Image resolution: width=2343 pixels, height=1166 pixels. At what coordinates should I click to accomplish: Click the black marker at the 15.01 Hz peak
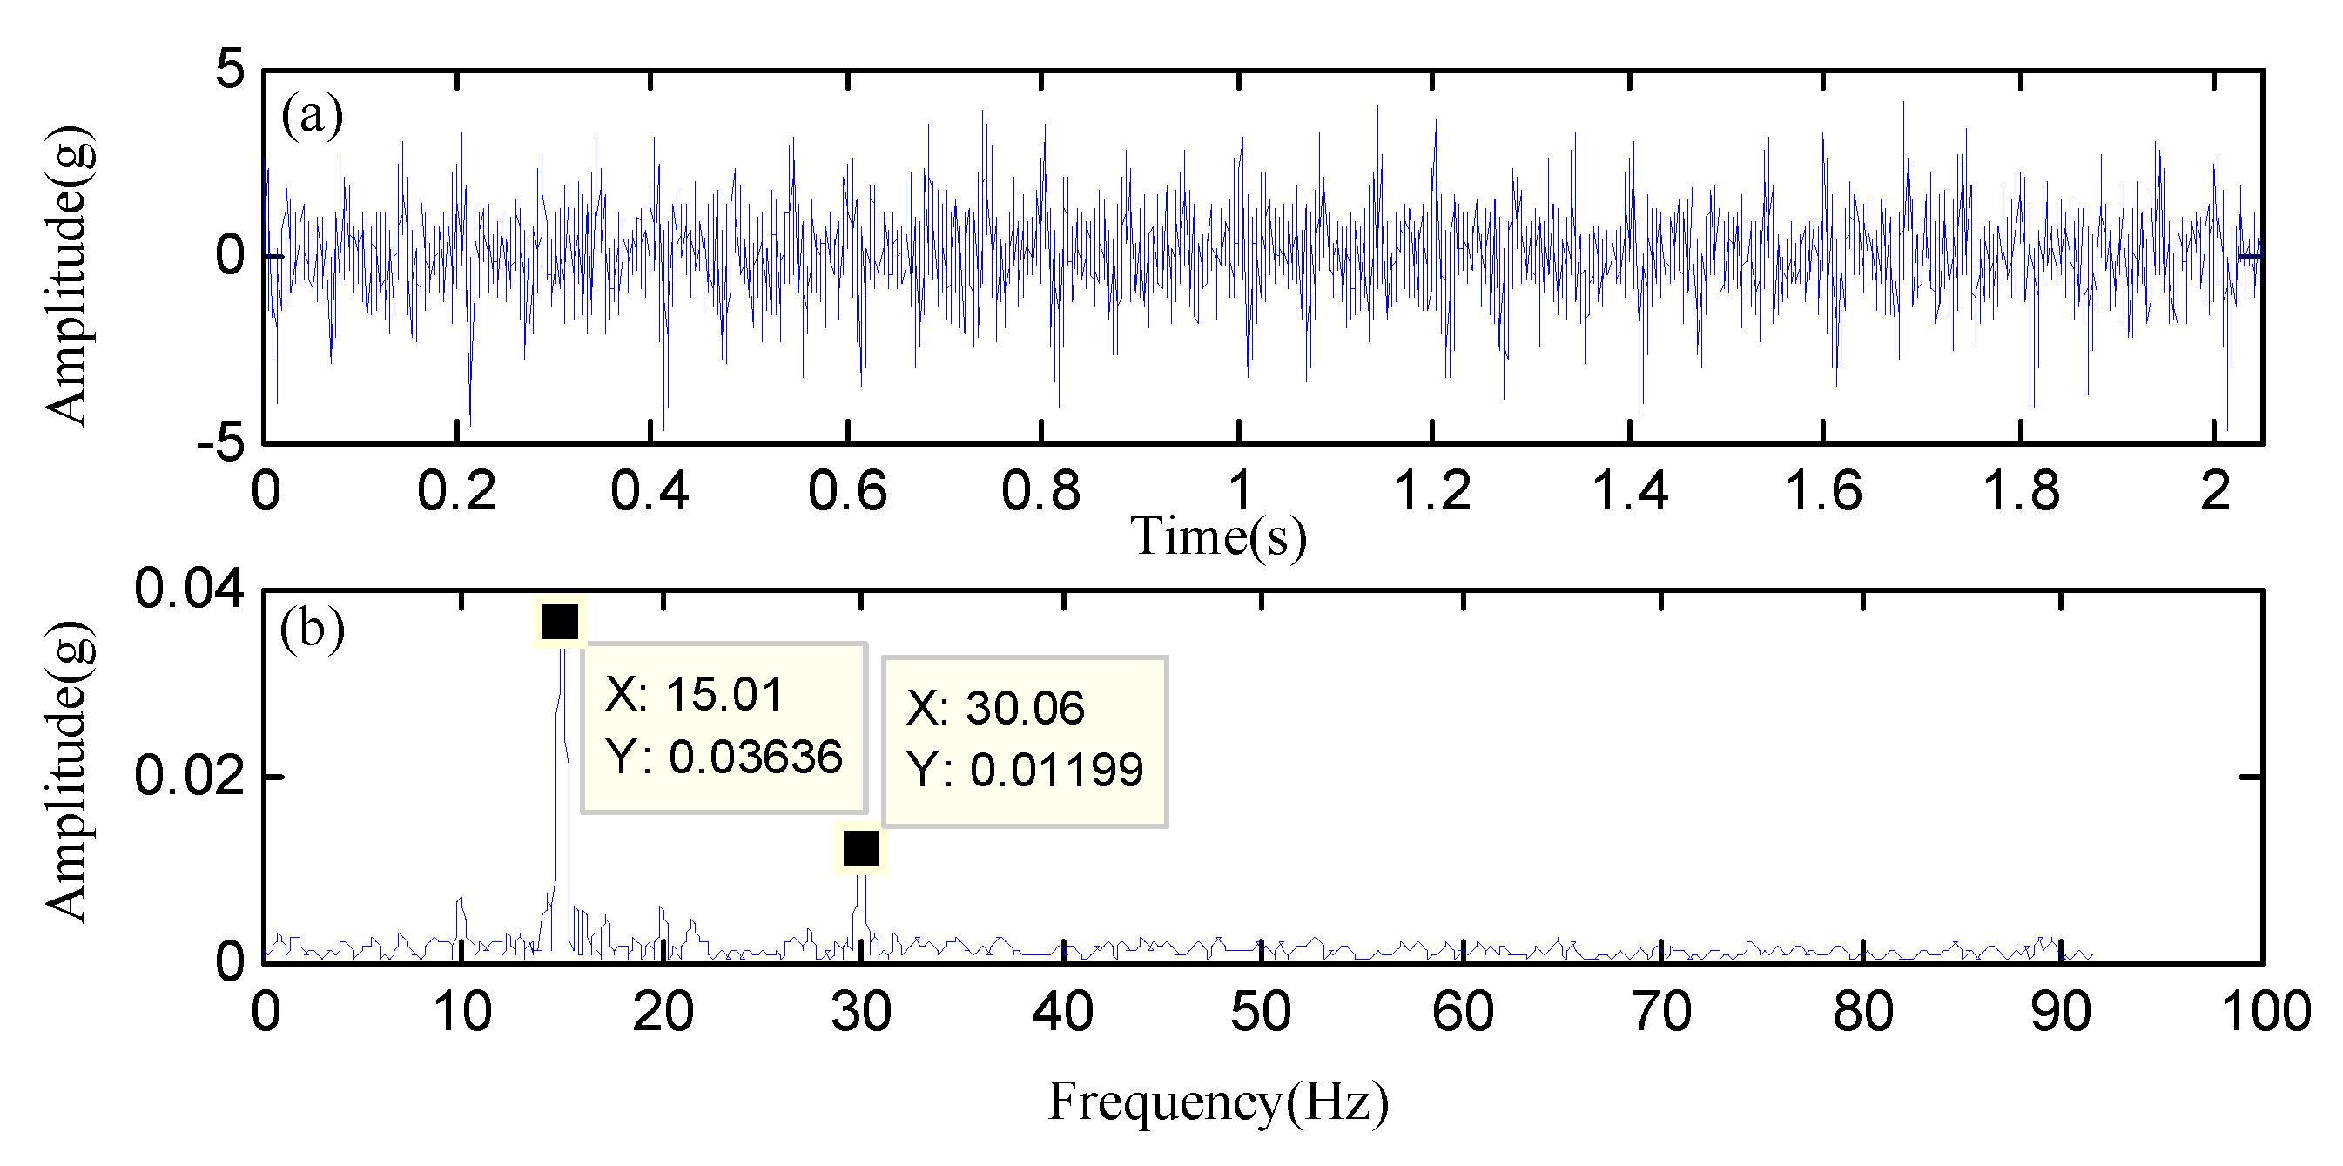click(561, 622)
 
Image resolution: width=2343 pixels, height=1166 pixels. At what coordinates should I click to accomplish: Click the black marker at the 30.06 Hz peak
click(861, 847)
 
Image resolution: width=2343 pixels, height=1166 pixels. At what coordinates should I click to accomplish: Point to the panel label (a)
click(312, 116)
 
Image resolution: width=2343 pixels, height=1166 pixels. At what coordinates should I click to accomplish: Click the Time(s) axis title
click(1218, 536)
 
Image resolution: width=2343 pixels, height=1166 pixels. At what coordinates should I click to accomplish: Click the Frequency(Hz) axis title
click(1218, 1102)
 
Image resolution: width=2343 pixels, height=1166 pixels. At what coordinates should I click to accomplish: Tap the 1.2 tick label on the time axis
click(1432, 491)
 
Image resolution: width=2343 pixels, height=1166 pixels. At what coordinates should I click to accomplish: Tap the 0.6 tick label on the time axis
click(847, 491)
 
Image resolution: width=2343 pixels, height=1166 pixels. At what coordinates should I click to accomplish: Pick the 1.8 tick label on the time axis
click(2020, 491)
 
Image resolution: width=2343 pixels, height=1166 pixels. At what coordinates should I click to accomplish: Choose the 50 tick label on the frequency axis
click(1261, 1011)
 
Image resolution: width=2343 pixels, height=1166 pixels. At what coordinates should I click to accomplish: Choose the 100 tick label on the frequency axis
click(2265, 1011)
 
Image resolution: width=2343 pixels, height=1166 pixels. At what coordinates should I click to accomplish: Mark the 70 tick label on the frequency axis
click(1662, 1011)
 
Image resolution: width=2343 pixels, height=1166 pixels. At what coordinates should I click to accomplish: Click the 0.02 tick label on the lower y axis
click(189, 776)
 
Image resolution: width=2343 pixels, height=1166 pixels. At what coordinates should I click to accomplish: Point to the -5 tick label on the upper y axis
click(221, 444)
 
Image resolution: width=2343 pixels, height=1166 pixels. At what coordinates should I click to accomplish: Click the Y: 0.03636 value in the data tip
click(725, 757)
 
